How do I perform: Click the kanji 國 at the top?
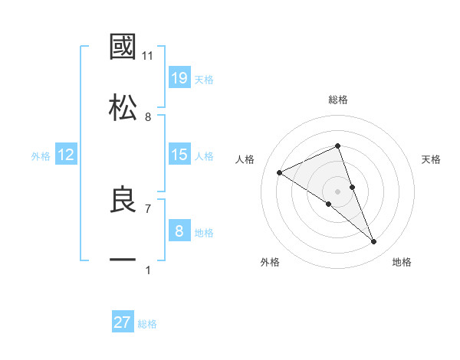[123, 47]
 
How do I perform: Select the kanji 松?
[123, 107]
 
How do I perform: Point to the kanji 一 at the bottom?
[123, 261]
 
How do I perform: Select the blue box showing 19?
[179, 77]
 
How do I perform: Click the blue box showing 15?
[179, 155]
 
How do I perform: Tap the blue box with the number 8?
[179, 231]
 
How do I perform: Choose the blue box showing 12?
[66, 155]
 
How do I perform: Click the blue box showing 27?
[123, 322]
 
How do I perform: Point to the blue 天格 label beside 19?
[204, 79]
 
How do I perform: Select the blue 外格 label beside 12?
[41, 156]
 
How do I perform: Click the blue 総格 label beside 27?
[147, 324]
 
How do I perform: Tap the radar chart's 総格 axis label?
[338, 100]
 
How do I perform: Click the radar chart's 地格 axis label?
[402, 262]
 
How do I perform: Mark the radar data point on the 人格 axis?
[280, 172]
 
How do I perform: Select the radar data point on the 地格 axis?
[374, 242]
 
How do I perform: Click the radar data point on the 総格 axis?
[338, 146]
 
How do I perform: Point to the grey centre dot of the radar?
[338, 191]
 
